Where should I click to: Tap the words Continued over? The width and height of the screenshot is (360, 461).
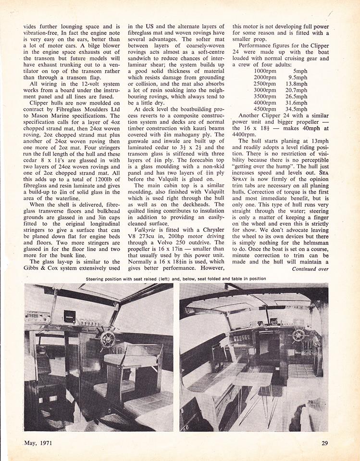[x=310, y=269]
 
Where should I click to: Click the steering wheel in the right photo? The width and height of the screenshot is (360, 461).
[x=299, y=335]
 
